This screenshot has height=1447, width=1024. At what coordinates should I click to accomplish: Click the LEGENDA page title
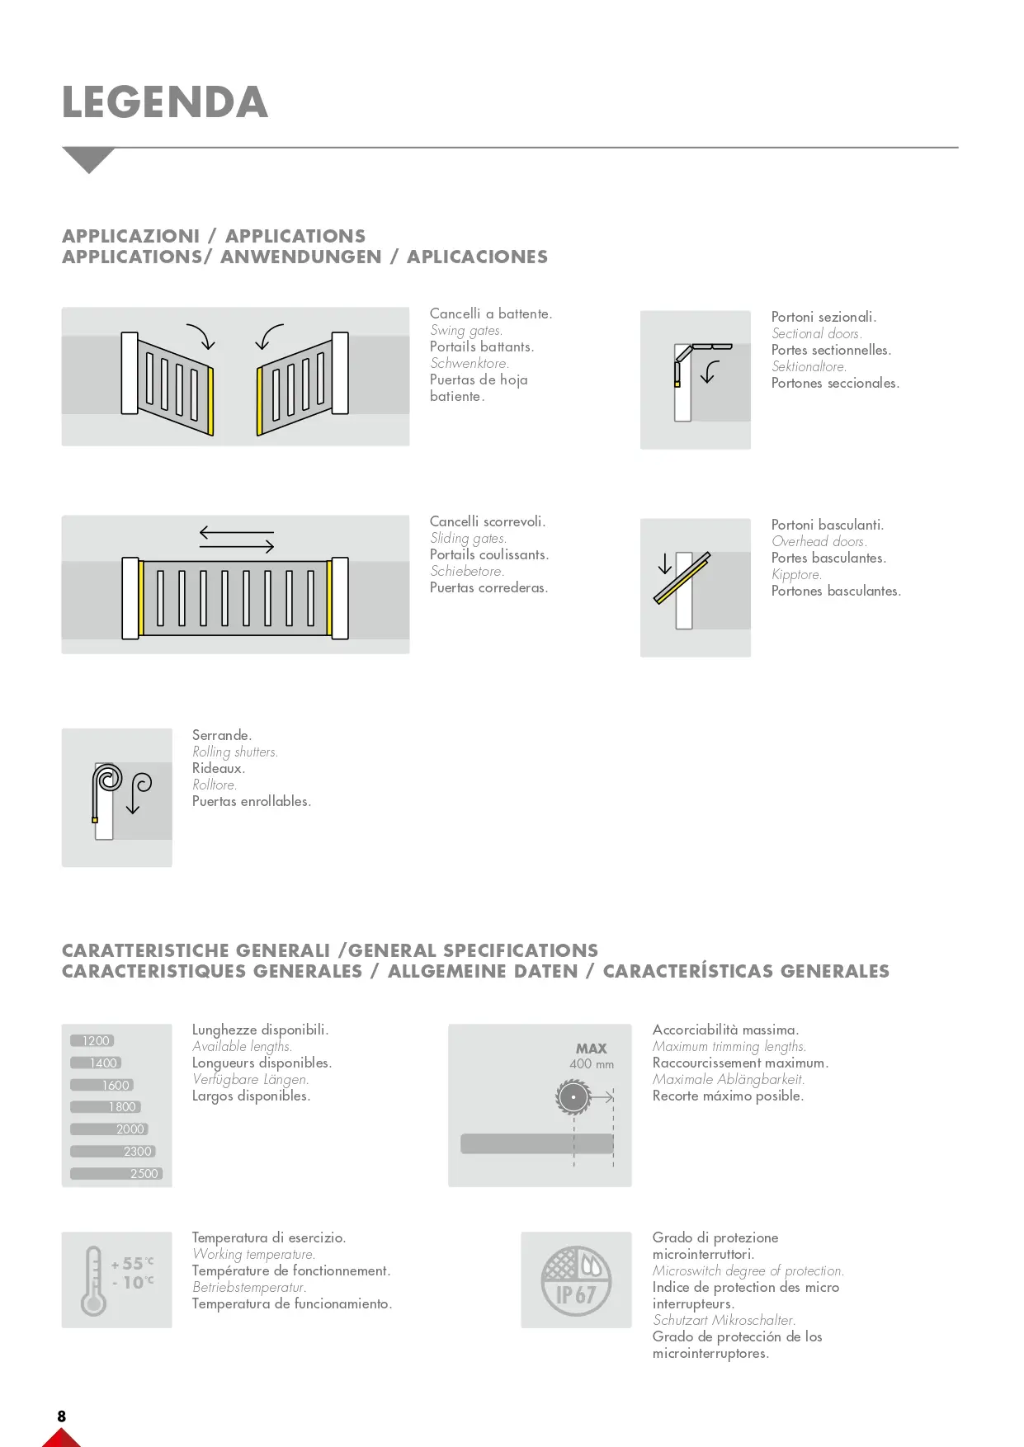click(x=165, y=102)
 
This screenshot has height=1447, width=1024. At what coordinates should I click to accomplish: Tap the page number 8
click(x=62, y=1416)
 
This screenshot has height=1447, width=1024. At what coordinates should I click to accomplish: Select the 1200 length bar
click(x=92, y=1041)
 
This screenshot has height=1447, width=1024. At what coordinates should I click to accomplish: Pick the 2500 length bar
click(x=116, y=1174)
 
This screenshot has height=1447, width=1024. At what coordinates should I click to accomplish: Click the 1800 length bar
click(x=106, y=1107)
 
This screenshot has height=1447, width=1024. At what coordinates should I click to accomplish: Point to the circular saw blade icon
click(x=573, y=1098)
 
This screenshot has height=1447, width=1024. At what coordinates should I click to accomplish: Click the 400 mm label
click(x=592, y=1064)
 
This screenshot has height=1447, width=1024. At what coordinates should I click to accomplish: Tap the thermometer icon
click(x=93, y=1280)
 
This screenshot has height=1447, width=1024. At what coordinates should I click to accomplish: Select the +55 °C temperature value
click(x=132, y=1263)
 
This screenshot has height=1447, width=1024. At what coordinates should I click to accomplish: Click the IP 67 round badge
click(x=576, y=1280)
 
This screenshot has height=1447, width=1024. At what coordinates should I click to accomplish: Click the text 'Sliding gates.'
click(x=468, y=539)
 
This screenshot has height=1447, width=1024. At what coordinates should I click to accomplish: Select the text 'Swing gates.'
click(x=466, y=331)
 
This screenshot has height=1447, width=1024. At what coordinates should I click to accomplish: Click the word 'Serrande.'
click(x=222, y=735)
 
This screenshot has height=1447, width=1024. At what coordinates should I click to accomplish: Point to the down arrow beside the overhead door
click(x=665, y=565)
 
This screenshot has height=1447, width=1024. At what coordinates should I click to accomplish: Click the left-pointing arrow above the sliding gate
click(x=236, y=532)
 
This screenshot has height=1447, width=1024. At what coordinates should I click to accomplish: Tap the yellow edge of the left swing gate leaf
click(x=211, y=401)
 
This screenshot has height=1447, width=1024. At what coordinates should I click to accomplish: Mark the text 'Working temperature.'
click(x=254, y=1255)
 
